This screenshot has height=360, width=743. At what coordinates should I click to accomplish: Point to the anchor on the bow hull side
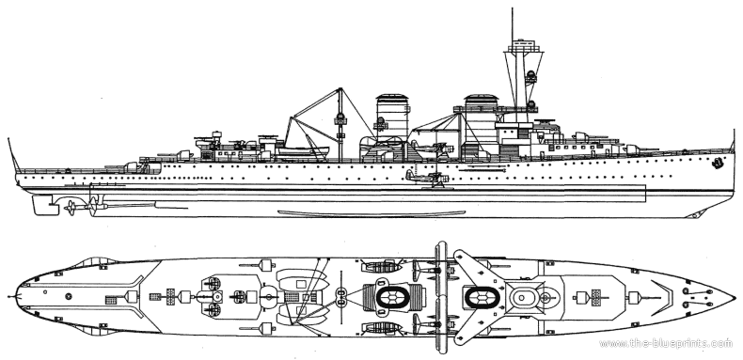click(x=718, y=164)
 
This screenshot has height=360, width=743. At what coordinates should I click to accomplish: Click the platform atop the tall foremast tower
click(x=524, y=46)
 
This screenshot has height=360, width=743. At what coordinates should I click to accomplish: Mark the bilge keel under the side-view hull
click(x=371, y=213)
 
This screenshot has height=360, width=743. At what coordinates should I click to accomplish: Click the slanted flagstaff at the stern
click(x=13, y=155)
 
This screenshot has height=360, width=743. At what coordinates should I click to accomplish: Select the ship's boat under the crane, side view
click(x=303, y=151)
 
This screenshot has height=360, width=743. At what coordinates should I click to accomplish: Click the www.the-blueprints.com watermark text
click(x=666, y=343)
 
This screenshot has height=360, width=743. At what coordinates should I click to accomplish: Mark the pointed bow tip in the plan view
click(x=734, y=297)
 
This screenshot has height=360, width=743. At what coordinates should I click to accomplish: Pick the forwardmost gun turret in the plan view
click(x=635, y=297)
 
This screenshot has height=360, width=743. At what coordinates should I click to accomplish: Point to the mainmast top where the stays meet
click(x=340, y=88)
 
